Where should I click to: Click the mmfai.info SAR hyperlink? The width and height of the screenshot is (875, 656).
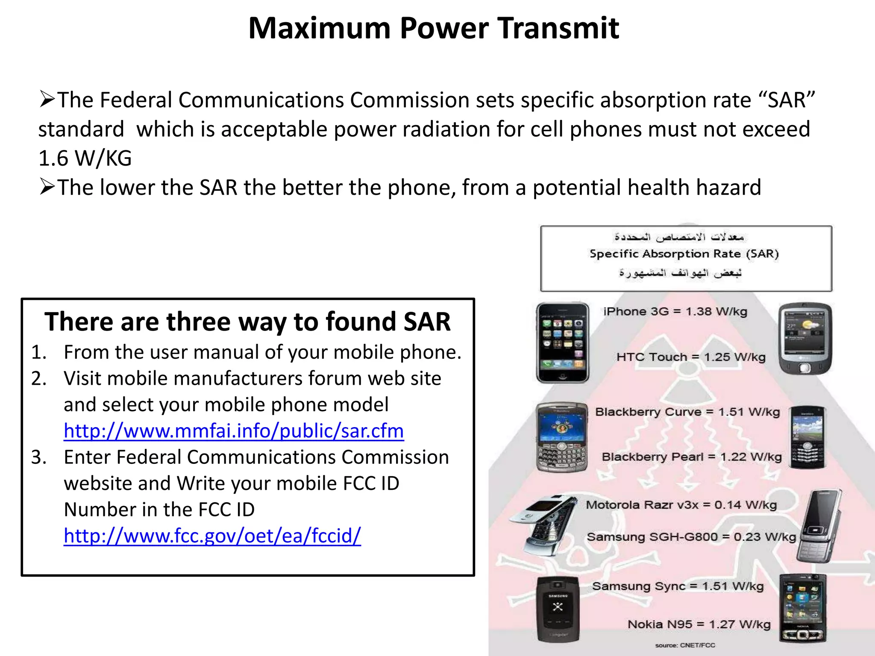(x=234, y=431)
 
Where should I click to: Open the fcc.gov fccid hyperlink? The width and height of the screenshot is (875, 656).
(x=212, y=536)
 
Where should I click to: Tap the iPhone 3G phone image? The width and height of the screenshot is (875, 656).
(x=562, y=343)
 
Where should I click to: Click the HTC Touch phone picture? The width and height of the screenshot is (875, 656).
(x=805, y=338)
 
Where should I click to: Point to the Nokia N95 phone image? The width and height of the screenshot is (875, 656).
(x=802, y=609)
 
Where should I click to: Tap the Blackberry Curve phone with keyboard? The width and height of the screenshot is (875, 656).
(x=561, y=437)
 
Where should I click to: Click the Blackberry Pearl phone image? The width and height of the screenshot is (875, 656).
(x=807, y=437)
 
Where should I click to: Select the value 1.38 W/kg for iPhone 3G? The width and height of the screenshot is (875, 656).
(x=716, y=312)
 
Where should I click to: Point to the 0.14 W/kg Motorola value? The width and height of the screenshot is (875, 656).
(x=745, y=505)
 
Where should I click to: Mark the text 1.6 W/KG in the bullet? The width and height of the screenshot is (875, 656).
(x=85, y=158)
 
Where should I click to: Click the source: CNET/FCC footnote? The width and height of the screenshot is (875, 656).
(x=685, y=645)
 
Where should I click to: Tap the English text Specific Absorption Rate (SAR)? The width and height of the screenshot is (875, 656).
(x=684, y=254)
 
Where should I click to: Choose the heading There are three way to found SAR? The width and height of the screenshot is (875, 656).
(x=247, y=322)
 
